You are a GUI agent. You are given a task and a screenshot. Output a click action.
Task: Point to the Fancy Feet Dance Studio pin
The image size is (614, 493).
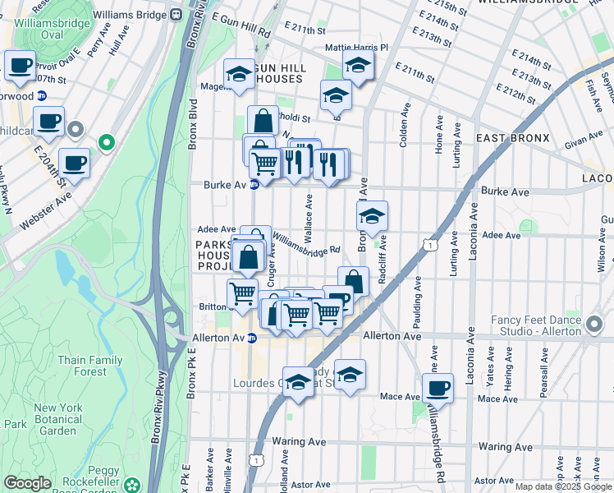[595, 326]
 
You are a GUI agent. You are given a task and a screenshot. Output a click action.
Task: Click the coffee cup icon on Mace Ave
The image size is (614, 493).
[438, 387]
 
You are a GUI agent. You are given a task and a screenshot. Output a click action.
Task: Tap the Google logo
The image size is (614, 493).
[27, 483]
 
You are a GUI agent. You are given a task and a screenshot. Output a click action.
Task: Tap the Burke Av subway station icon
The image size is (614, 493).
[254, 185]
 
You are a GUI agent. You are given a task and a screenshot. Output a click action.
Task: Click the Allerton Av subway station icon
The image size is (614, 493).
[252, 337]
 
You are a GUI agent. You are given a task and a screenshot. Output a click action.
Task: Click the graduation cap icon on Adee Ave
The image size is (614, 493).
[372, 216]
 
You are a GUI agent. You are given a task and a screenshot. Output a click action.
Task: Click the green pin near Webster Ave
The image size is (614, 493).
[106, 142]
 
